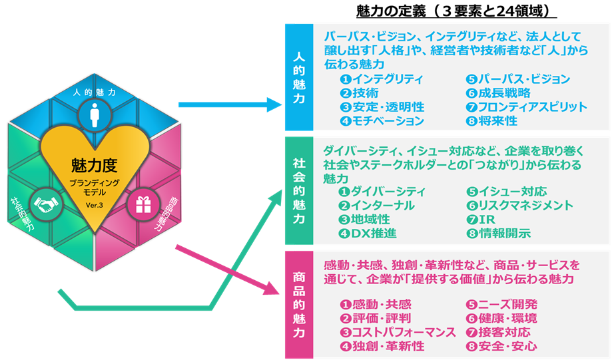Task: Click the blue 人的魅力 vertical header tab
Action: click(299, 77)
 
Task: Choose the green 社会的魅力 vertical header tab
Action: click(299, 190)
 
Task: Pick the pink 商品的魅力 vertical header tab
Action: click(299, 304)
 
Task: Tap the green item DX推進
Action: click(371, 234)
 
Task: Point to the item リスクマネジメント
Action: click(519, 206)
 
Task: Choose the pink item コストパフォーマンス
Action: click(398, 332)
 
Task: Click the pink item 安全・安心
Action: click(501, 346)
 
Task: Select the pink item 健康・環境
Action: click(501, 318)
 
